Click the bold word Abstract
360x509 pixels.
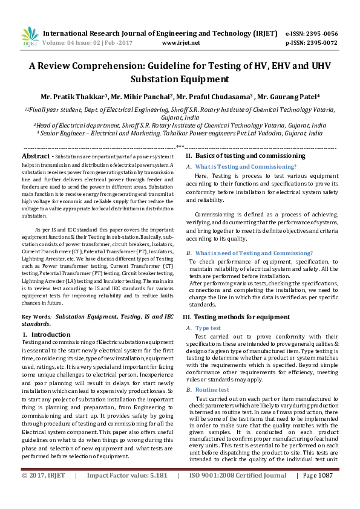(36, 157)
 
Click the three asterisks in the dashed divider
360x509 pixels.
(180, 147)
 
